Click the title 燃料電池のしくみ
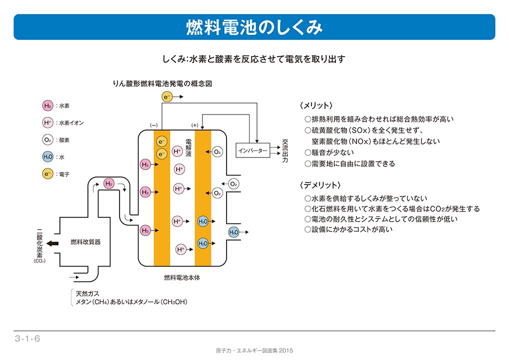tap(254, 27)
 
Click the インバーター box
tap(252, 150)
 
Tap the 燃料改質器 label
tap(85, 242)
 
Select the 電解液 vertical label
tap(188, 147)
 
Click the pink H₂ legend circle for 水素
tap(47, 105)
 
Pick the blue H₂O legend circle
tap(47, 157)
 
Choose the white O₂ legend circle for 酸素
tap(47, 140)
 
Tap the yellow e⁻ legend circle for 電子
tap(47, 174)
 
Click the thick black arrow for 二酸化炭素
tap(52, 243)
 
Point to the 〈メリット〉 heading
tap(316, 105)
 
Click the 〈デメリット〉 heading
tap(319, 185)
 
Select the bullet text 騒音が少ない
tap(332, 152)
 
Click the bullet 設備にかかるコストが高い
tap(352, 229)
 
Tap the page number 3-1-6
tap(27, 338)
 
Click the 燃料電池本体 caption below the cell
tap(182, 277)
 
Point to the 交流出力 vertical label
tap(285, 151)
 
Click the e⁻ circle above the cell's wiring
tap(167, 96)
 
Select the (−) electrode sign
tap(153, 125)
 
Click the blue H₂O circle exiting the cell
tap(233, 232)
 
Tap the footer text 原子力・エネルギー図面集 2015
tap(254, 350)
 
